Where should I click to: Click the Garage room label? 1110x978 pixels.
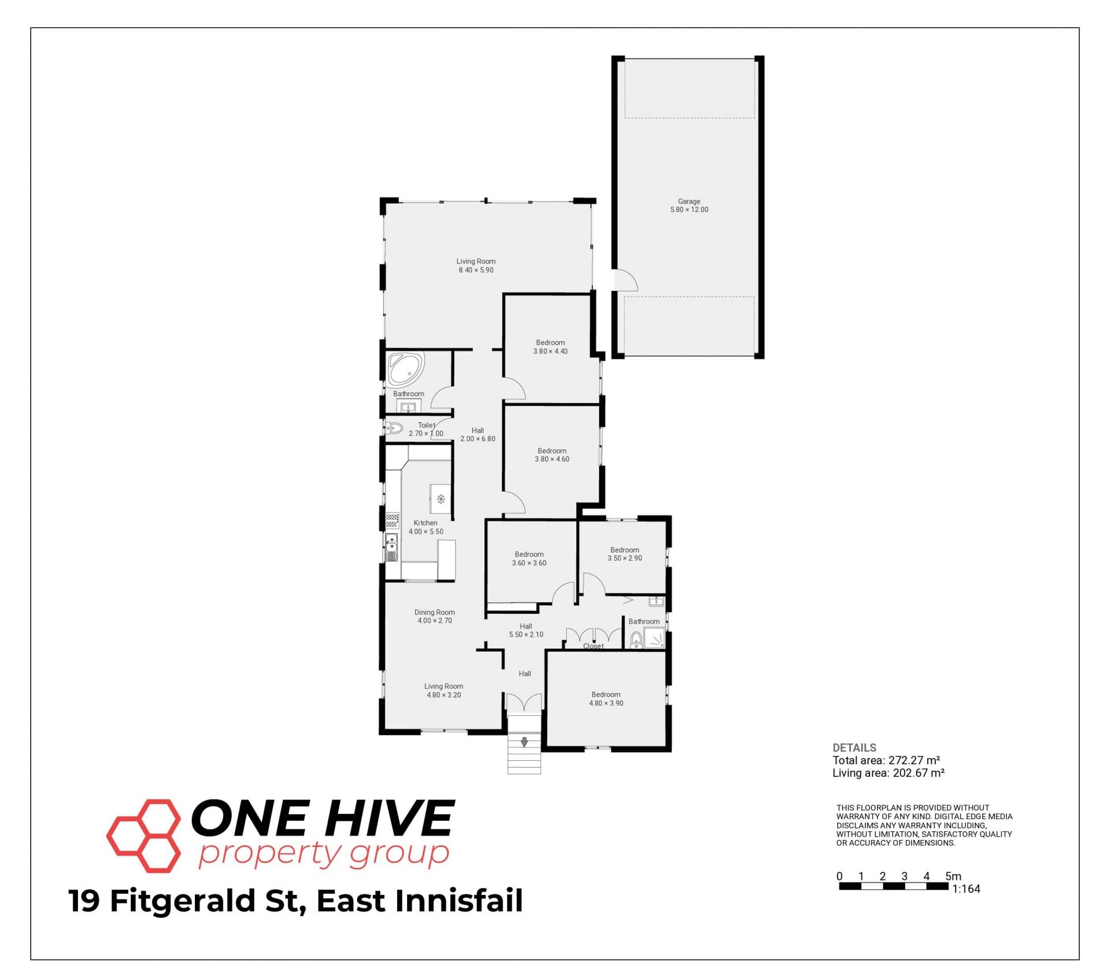(689, 202)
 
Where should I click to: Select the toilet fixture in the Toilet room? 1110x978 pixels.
(394, 428)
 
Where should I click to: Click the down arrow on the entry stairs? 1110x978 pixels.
(524, 742)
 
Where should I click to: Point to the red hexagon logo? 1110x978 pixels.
(144, 835)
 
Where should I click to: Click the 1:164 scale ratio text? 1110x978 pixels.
(966, 889)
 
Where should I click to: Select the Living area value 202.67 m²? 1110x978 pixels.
(919, 773)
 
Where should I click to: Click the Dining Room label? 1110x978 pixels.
(434, 612)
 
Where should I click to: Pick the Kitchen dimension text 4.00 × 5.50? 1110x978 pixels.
(426, 531)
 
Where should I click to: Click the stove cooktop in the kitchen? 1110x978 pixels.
(393, 521)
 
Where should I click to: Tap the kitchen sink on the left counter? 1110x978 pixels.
(392, 548)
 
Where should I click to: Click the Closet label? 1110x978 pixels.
(593, 646)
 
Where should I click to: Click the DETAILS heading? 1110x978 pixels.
(854, 748)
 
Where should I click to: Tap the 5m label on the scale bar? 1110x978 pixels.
(953, 876)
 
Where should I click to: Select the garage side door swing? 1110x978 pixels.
(626, 280)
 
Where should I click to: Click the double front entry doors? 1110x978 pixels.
(524, 702)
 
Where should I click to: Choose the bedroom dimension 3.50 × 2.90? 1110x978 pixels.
(624, 558)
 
